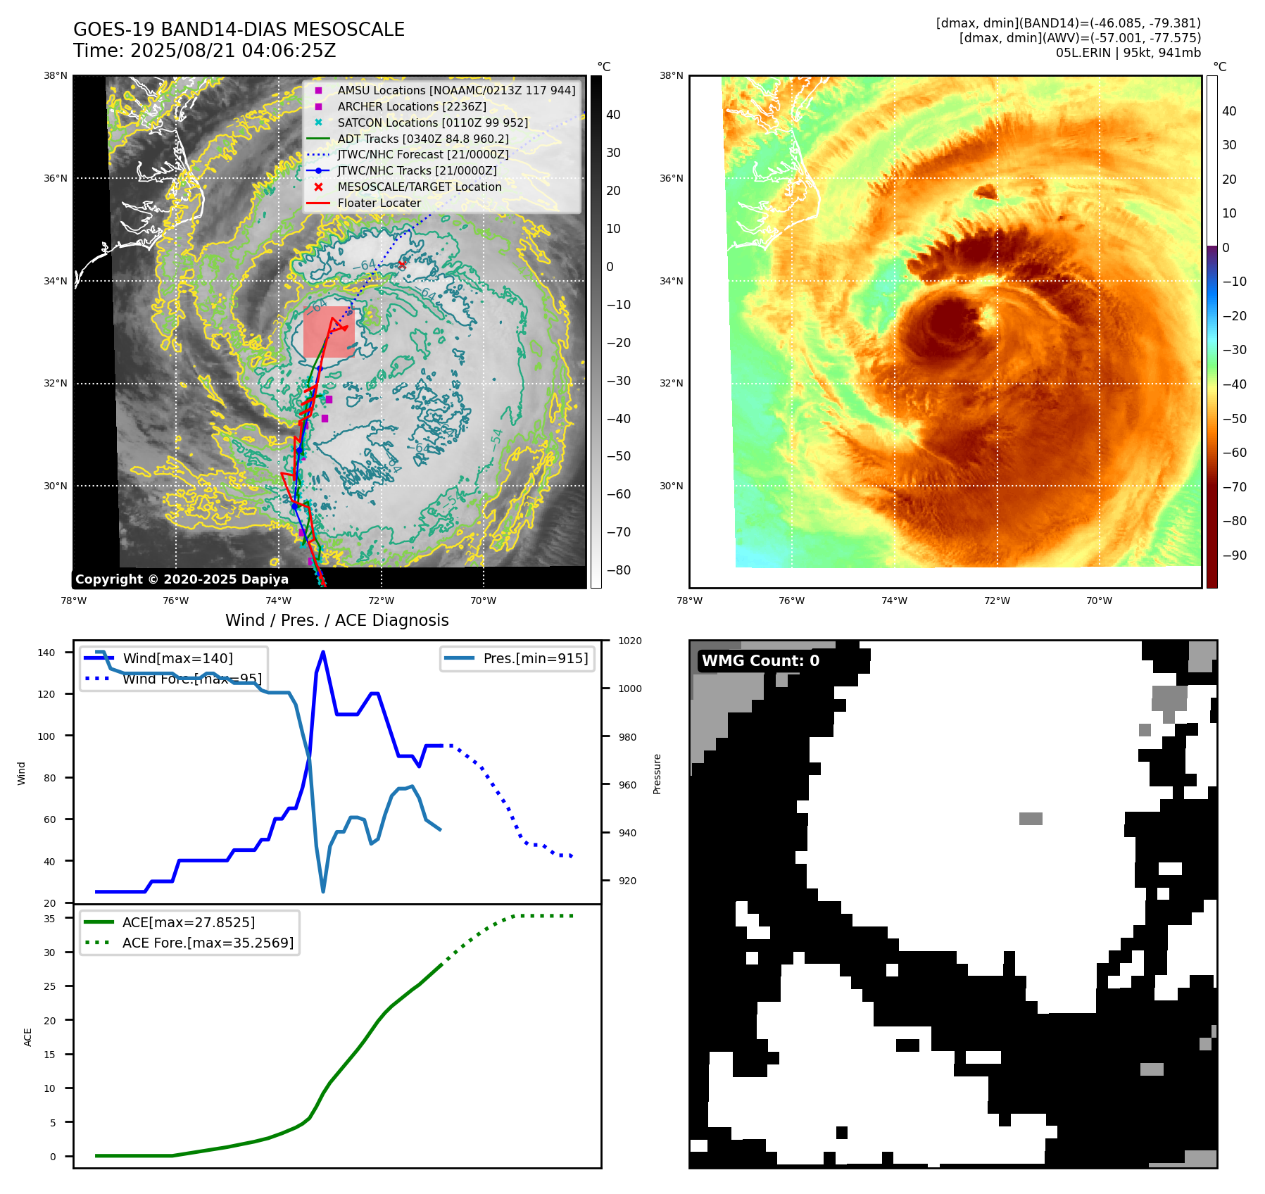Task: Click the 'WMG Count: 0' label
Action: tap(760, 660)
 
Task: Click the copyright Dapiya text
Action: tap(182, 579)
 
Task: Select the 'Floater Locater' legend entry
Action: tap(379, 203)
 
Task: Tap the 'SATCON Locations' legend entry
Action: tap(432, 122)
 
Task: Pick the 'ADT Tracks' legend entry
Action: tap(422, 139)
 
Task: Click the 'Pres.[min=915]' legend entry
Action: tap(535, 658)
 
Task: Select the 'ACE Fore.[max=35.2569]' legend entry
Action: tap(208, 943)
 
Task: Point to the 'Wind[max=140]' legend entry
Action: tap(177, 658)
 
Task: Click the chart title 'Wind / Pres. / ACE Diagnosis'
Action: tap(336, 620)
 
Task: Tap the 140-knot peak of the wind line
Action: tap(322, 652)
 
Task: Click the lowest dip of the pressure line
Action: tap(323, 891)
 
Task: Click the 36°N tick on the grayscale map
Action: tap(56, 178)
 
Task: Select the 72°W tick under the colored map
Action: tap(997, 601)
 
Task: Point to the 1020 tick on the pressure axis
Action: tap(630, 641)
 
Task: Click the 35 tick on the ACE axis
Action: tap(49, 918)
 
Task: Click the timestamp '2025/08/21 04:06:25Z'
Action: tap(233, 51)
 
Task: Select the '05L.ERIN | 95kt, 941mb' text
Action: tap(1128, 53)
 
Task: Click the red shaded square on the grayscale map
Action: tap(328, 332)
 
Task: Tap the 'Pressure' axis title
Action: tap(657, 774)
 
